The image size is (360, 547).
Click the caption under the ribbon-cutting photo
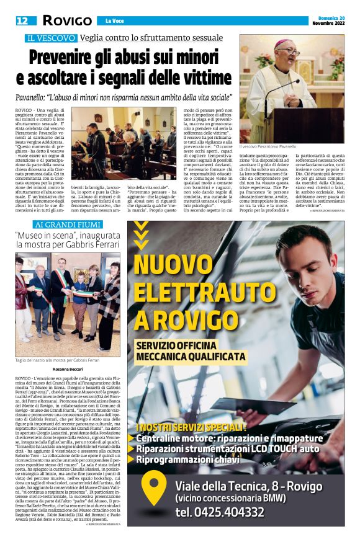pos(57,360)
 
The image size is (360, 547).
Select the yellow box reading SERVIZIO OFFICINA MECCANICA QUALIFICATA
pos(192,350)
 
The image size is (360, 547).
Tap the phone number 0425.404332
pos(228,512)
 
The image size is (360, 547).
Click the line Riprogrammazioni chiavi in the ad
pos(194,460)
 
